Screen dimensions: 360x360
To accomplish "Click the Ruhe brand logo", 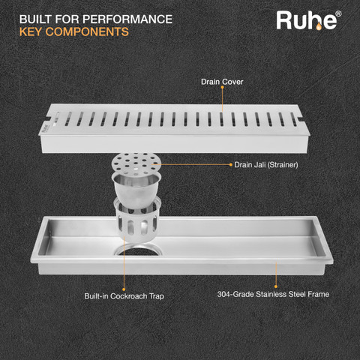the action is pyautogui.click(x=308, y=20).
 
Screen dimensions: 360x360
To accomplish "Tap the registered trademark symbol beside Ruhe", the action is pyautogui.click(x=338, y=13).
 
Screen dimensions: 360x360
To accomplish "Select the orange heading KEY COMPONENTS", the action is pyautogui.click(x=74, y=32).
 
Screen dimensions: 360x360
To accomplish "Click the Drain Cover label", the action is pyautogui.click(x=222, y=82).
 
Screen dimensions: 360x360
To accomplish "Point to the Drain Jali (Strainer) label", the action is pyautogui.click(x=266, y=165).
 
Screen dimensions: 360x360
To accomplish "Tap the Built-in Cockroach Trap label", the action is pyautogui.click(x=124, y=296).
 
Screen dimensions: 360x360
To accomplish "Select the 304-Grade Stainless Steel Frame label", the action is pyautogui.click(x=273, y=294).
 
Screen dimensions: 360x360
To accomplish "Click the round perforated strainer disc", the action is pyautogui.click(x=136, y=163).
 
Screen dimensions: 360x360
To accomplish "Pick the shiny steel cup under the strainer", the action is pyautogui.click(x=136, y=190).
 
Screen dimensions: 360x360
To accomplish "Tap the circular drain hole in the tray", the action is pyautogui.click(x=138, y=250).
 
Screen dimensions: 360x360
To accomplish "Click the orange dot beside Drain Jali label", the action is pyautogui.click(x=231, y=164).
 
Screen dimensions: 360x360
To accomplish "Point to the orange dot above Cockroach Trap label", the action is pyautogui.click(x=124, y=289).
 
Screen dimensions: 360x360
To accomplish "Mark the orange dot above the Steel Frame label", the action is pyautogui.click(x=276, y=286).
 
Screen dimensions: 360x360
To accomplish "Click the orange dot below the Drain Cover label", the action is pyautogui.click(x=222, y=88).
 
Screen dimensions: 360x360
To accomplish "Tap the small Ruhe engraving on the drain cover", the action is pyautogui.click(x=45, y=127).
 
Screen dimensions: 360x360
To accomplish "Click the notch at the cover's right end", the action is pyautogui.click(x=300, y=118).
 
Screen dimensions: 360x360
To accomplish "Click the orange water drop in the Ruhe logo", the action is pyautogui.click(x=319, y=26).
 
